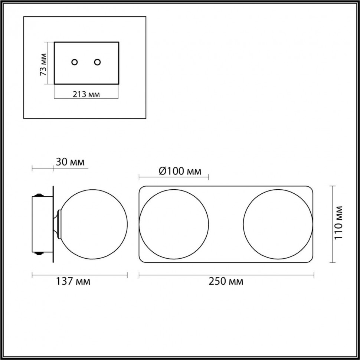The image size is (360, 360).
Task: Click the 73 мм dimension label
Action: (43, 64)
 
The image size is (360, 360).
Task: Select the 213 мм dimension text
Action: (86, 94)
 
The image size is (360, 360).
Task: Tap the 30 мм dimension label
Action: (70, 162)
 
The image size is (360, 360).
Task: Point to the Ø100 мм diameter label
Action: (180, 171)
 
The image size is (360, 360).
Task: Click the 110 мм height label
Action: (338, 223)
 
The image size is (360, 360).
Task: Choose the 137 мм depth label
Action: (73, 281)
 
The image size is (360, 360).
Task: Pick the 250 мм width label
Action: (226, 281)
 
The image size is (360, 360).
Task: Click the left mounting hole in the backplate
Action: (74, 62)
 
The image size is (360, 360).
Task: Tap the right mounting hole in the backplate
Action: (97, 62)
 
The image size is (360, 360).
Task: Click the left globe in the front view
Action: (174, 189)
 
